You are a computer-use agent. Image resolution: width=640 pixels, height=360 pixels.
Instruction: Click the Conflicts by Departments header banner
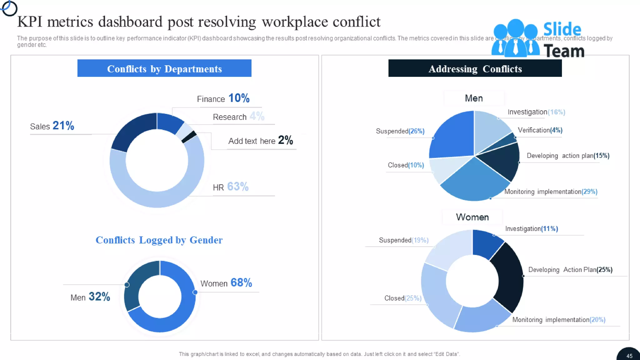tap(164, 68)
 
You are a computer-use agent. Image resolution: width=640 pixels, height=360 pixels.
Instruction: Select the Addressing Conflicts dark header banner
tap(475, 68)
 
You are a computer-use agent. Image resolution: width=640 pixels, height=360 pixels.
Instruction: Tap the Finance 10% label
tap(223, 98)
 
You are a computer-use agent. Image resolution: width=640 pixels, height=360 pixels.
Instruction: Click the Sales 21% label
tap(52, 126)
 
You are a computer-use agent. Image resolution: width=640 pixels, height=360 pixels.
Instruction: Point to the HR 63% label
tap(231, 187)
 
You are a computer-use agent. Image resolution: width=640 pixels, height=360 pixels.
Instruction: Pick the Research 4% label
tap(238, 117)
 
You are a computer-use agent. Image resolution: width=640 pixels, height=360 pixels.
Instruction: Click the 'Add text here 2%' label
tap(260, 141)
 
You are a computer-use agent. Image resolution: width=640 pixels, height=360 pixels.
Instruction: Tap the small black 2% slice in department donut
tap(189, 137)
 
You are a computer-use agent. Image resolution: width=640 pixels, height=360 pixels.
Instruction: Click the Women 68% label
tap(226, 283)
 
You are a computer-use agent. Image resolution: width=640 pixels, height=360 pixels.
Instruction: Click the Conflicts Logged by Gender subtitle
tap(159, 240)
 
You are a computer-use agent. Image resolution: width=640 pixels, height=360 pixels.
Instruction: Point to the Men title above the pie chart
tap(474, 98)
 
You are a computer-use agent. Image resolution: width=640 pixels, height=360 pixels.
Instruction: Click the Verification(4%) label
tap(540, 130)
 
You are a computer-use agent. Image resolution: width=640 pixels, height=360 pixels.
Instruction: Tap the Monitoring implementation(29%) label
tap(551, 192)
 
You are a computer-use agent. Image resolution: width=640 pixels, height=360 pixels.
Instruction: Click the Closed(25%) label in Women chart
tap(402, 298)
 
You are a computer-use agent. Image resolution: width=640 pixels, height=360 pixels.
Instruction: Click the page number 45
tap(629, 356)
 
